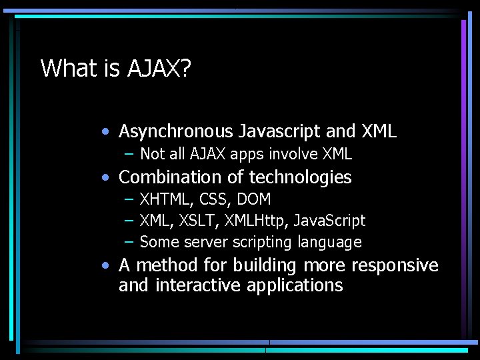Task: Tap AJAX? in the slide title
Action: (159, 68)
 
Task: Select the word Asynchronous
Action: (176, 131)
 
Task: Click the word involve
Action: (294, 155)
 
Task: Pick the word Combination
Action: (168, 177)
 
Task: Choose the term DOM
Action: (254, 199)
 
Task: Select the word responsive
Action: (395, 265)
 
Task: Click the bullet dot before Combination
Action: (106, 178)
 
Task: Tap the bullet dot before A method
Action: (106, 266)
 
